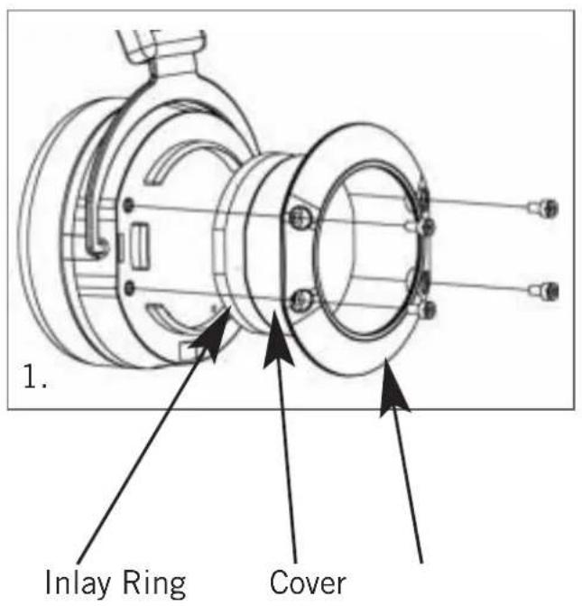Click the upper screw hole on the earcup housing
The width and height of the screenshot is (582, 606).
point(132,204)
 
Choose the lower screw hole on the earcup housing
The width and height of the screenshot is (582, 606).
point(132,287)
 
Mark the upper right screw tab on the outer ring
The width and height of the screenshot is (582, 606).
point(427,223)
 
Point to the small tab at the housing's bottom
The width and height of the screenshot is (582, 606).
point(191,348)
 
